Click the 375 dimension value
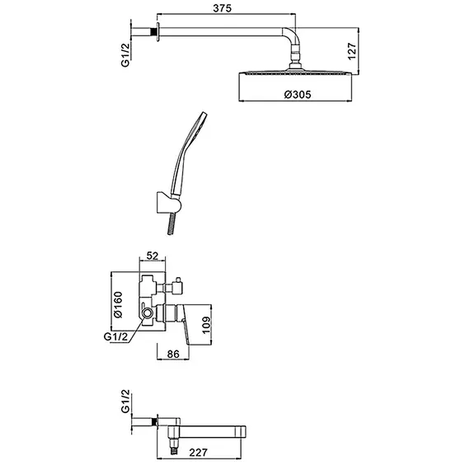[222, 8]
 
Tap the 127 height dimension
[352, 51]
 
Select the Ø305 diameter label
[298, 95]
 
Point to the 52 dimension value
[153, 256]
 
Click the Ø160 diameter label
[118, 304]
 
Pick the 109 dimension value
[206, 325]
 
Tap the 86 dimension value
[173, 354]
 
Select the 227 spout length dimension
[198, 453]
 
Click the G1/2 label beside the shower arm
[125, 55]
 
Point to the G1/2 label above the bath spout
[125, 401]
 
